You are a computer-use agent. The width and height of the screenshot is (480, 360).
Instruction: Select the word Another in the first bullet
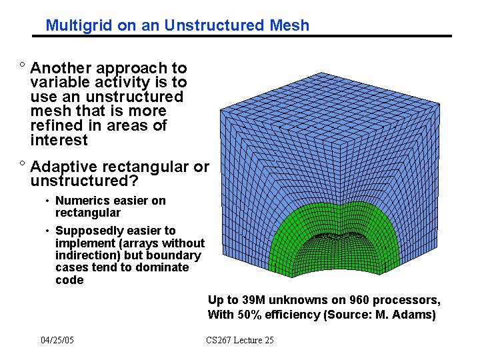point(62,68)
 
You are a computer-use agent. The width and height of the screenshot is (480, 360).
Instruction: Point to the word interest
point(59,140)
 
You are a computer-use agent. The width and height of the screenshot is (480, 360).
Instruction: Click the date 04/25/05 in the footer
point(57,341)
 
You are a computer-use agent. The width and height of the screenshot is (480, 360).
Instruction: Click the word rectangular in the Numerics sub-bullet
point(88,213)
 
